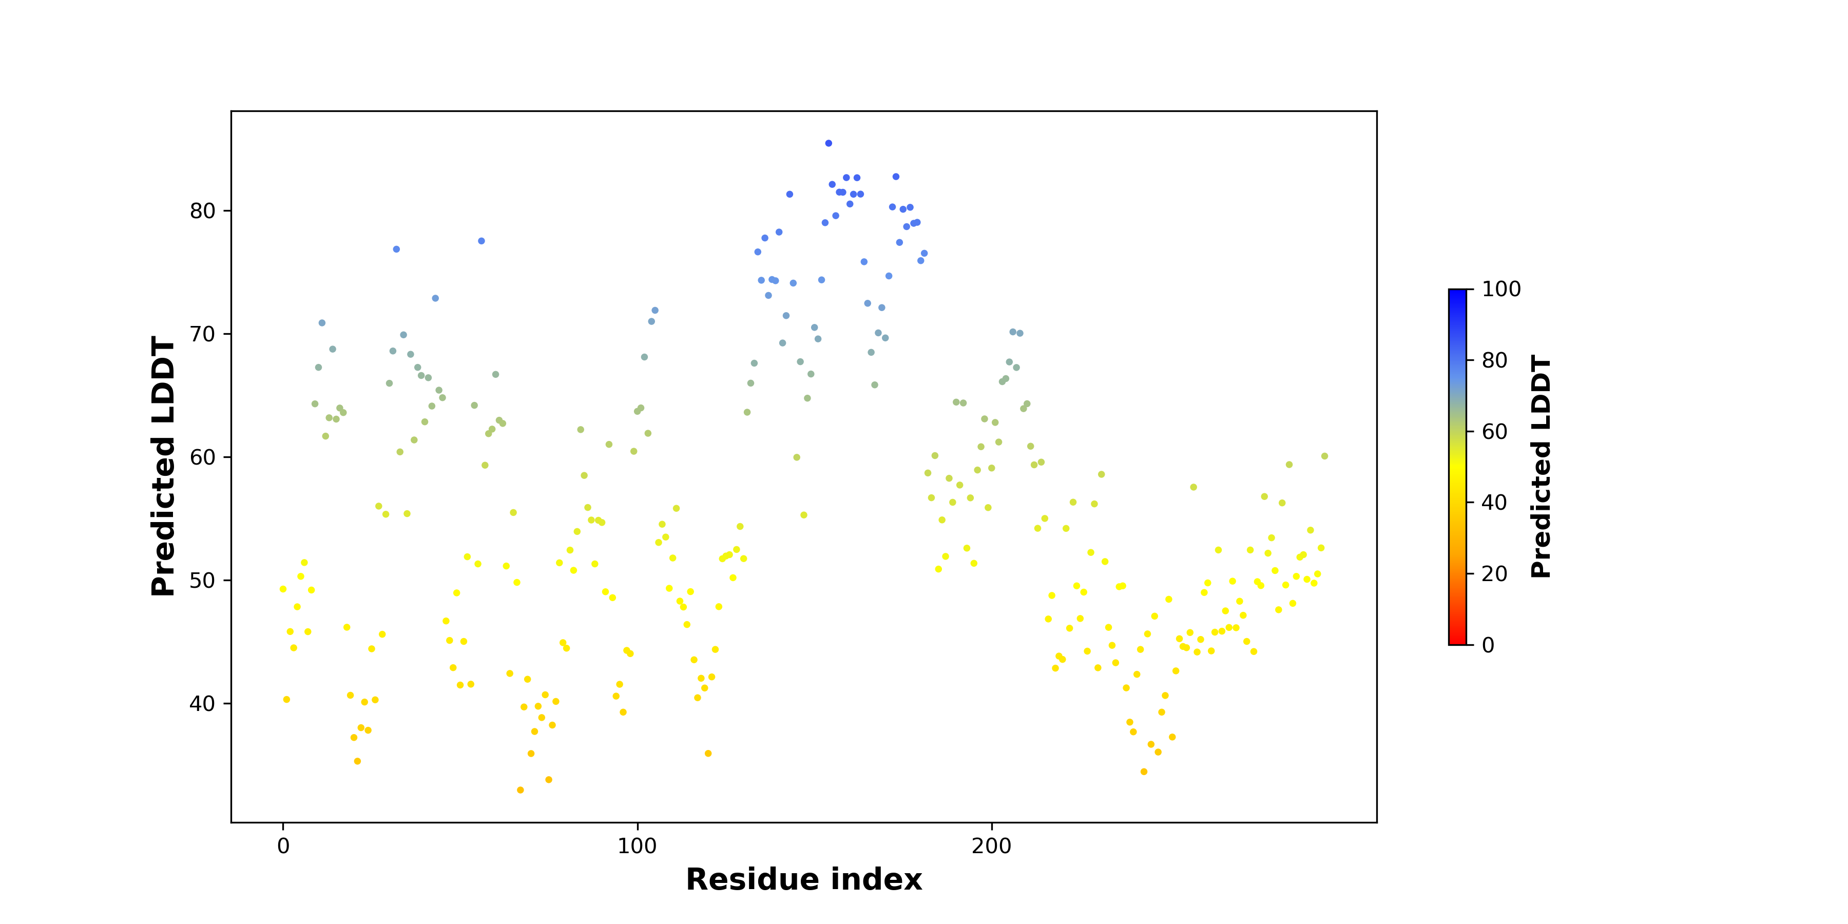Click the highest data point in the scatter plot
tap(829, 144)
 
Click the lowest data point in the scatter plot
tap(520, 790)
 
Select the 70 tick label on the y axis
tap(202, 334)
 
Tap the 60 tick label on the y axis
tap(202, 457)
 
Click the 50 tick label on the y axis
tap(202, 581)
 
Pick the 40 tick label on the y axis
tap(202, 704)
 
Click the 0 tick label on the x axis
tap(283, 846)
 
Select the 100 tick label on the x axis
tap(637, 846)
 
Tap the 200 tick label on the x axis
tap(991, 846)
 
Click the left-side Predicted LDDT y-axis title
tap(164, 466)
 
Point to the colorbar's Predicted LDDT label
tap(1541, 466)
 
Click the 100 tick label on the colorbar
tap(1501, 289)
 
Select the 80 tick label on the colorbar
tap(1494, 360)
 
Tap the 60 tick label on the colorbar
tap(1494, 431)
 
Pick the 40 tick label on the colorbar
tap(1494, 502)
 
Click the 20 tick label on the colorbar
tap(1494, 573)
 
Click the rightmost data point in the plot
tap(1324, 456)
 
